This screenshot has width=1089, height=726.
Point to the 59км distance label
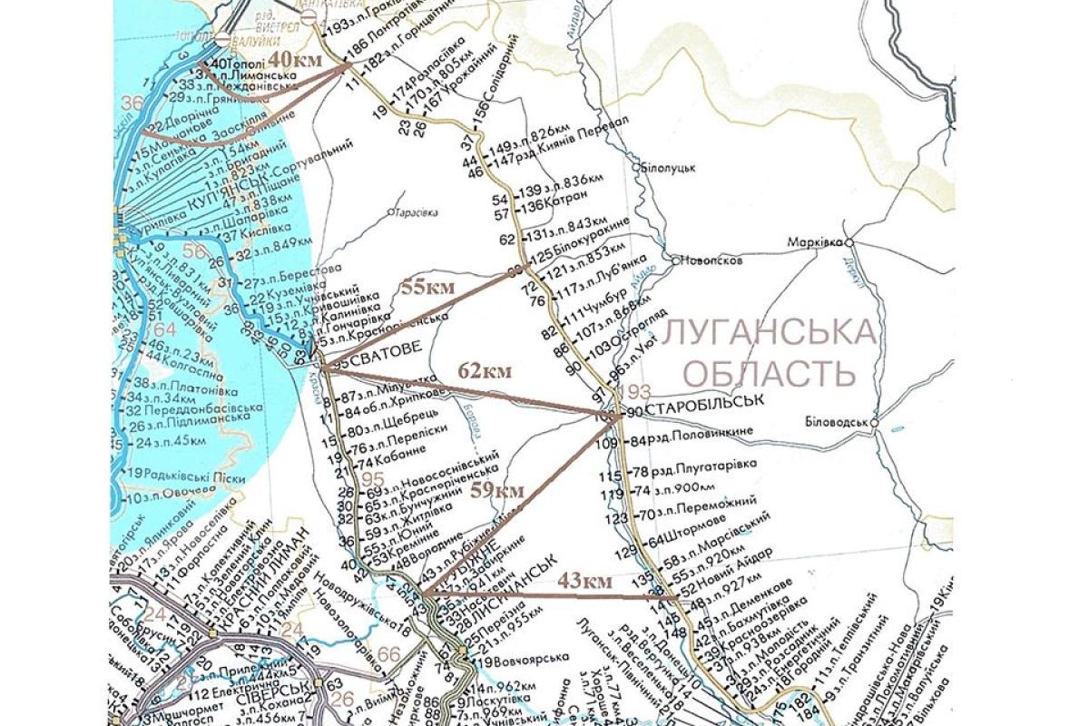click(498, 490)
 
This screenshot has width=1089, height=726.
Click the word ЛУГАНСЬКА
click(771, 332)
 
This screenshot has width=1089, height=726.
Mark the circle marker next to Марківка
click(850, 242)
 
